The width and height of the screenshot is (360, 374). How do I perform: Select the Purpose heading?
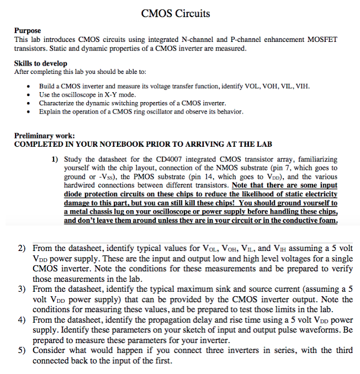click(28, 31)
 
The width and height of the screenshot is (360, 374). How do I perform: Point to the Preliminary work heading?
click(44, 136)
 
